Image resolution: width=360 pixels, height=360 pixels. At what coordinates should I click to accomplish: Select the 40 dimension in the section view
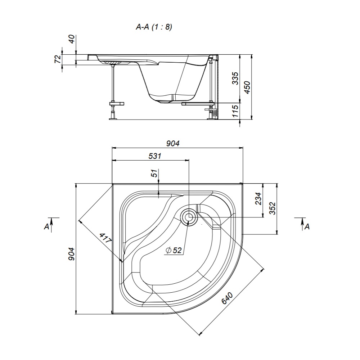(x=72, y=39)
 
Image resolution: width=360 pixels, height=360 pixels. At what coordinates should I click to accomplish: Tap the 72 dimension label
(x=57, y=59)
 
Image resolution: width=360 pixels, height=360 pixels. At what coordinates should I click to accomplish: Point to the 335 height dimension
(x=235, y=78)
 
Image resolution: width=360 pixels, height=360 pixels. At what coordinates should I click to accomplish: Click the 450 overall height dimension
(x=247, y=87)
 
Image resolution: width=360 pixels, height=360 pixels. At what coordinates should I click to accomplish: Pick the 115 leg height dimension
(x=235, y=111)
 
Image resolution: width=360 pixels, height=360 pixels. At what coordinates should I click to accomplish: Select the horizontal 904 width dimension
(x=173, y=143)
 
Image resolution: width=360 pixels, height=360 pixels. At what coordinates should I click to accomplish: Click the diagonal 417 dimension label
(x=105, y=240)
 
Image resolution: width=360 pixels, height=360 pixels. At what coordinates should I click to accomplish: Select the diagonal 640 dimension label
(x=228, y=298)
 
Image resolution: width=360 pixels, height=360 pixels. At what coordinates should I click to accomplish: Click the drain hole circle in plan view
(x=188, y=217)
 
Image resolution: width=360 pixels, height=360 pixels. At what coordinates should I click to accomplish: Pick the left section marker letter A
(x=46, y=226)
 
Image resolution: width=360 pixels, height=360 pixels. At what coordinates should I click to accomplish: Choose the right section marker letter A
(x=307, y=226)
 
